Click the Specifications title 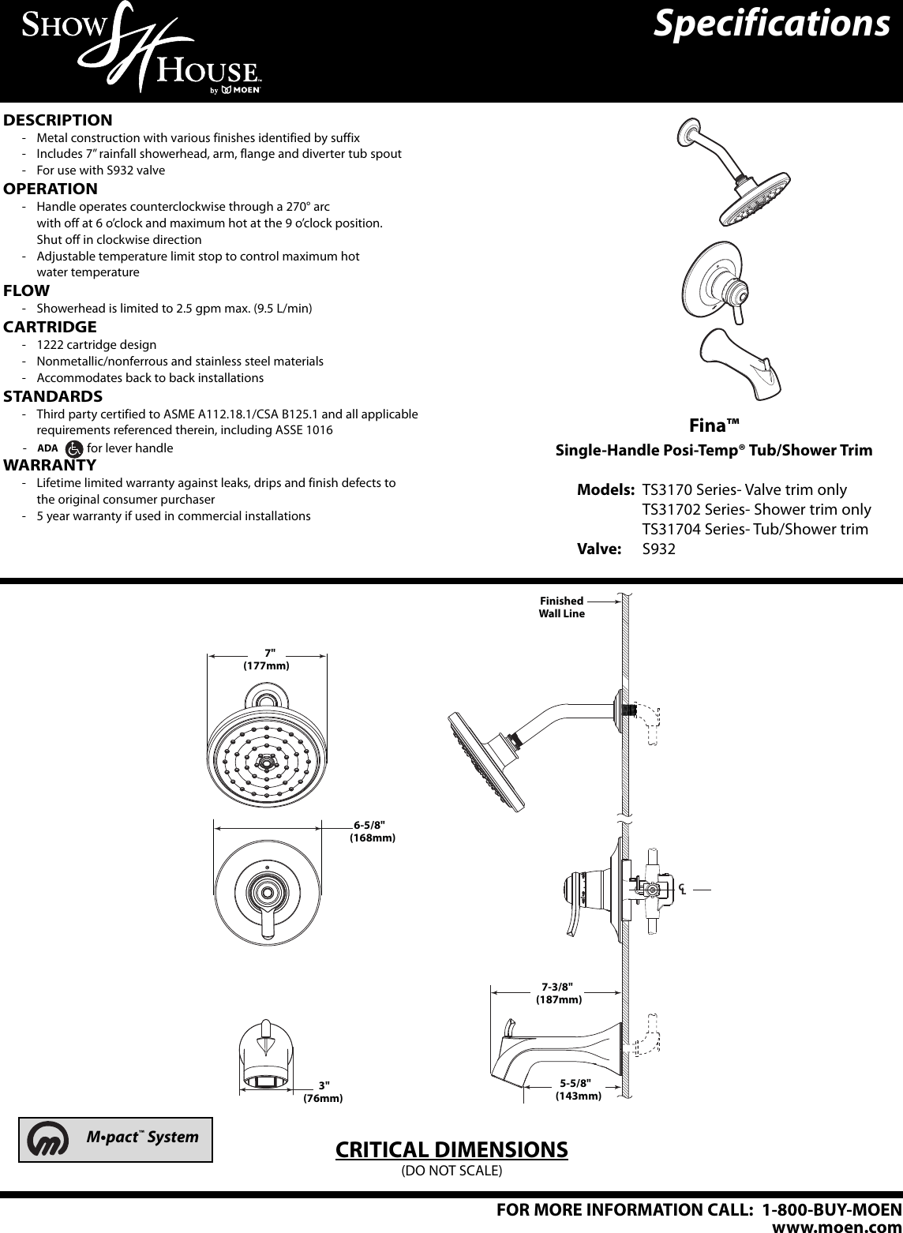pyautogui.click(x=771, y=23)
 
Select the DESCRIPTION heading pyautogui.click(x=58, y=121)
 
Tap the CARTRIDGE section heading pyautogui.click(x=51, y=327)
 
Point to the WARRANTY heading pyautogui.click(x=51, y=464)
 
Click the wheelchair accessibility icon pyautogui.click(x=74, y=448)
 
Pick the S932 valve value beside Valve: pyautogui.click(x=659, y=549)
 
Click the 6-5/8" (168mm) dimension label pyautogui.click(x=373, y=831)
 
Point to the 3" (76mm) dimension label pyautogui.click(x=323, y=1092)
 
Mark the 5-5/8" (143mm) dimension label pyautogui.click(x=578, y=1090)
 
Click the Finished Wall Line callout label pyautogui.click(x=562, y=607)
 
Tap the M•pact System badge pyautogui.click(x=116, y=1139)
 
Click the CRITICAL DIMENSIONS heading pyautogui.click(x=451, y=1149)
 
